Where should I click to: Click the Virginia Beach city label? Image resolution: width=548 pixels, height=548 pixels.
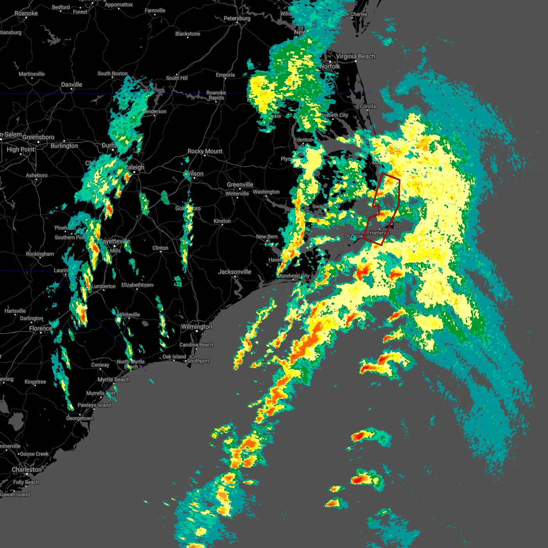point(355,57)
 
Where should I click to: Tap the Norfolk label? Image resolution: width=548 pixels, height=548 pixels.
point(330,67)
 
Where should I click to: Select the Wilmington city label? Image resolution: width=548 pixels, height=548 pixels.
point(196,327)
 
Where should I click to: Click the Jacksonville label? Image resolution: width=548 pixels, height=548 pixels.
point(235,272)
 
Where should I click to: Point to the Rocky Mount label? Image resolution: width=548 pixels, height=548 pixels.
point(205,152)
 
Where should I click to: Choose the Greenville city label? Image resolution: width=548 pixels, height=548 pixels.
point(240,185)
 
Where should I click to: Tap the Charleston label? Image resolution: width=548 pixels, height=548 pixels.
point(26,470)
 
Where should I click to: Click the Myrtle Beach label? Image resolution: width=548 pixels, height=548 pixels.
point(114,380)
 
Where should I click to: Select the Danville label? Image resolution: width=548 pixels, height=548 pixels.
point(72,85)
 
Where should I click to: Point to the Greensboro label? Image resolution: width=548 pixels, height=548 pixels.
point(38,137)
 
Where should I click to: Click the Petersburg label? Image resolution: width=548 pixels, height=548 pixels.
point(237,19)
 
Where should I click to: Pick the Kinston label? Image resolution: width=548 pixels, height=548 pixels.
point(222,221)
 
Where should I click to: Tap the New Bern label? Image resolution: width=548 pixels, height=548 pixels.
point(267,237)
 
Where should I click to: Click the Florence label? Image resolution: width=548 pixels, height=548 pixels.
point(41,329)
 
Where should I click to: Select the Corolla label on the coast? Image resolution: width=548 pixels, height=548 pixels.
point(368,107)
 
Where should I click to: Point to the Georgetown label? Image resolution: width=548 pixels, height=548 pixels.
point(80,419)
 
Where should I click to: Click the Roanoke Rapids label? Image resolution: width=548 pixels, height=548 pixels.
point(216,95)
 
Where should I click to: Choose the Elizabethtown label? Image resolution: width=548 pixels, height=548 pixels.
point(137,285)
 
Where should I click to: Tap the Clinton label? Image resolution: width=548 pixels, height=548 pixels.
point(160,248)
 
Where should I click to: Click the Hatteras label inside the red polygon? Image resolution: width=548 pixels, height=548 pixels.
point(379,233)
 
